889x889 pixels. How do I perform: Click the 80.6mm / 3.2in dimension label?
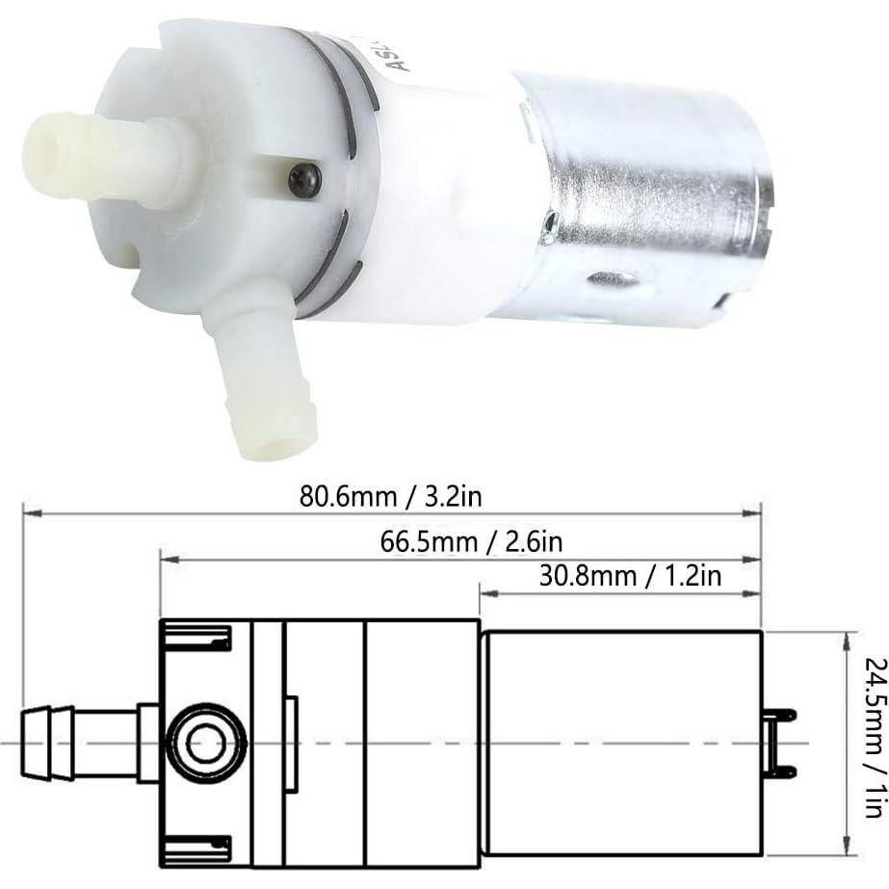click(389, 498)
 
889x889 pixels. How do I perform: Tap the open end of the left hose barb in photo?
click(43, 153)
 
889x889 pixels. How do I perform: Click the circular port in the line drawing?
click(205, 743)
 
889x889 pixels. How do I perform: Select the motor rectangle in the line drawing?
click(621, 743)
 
